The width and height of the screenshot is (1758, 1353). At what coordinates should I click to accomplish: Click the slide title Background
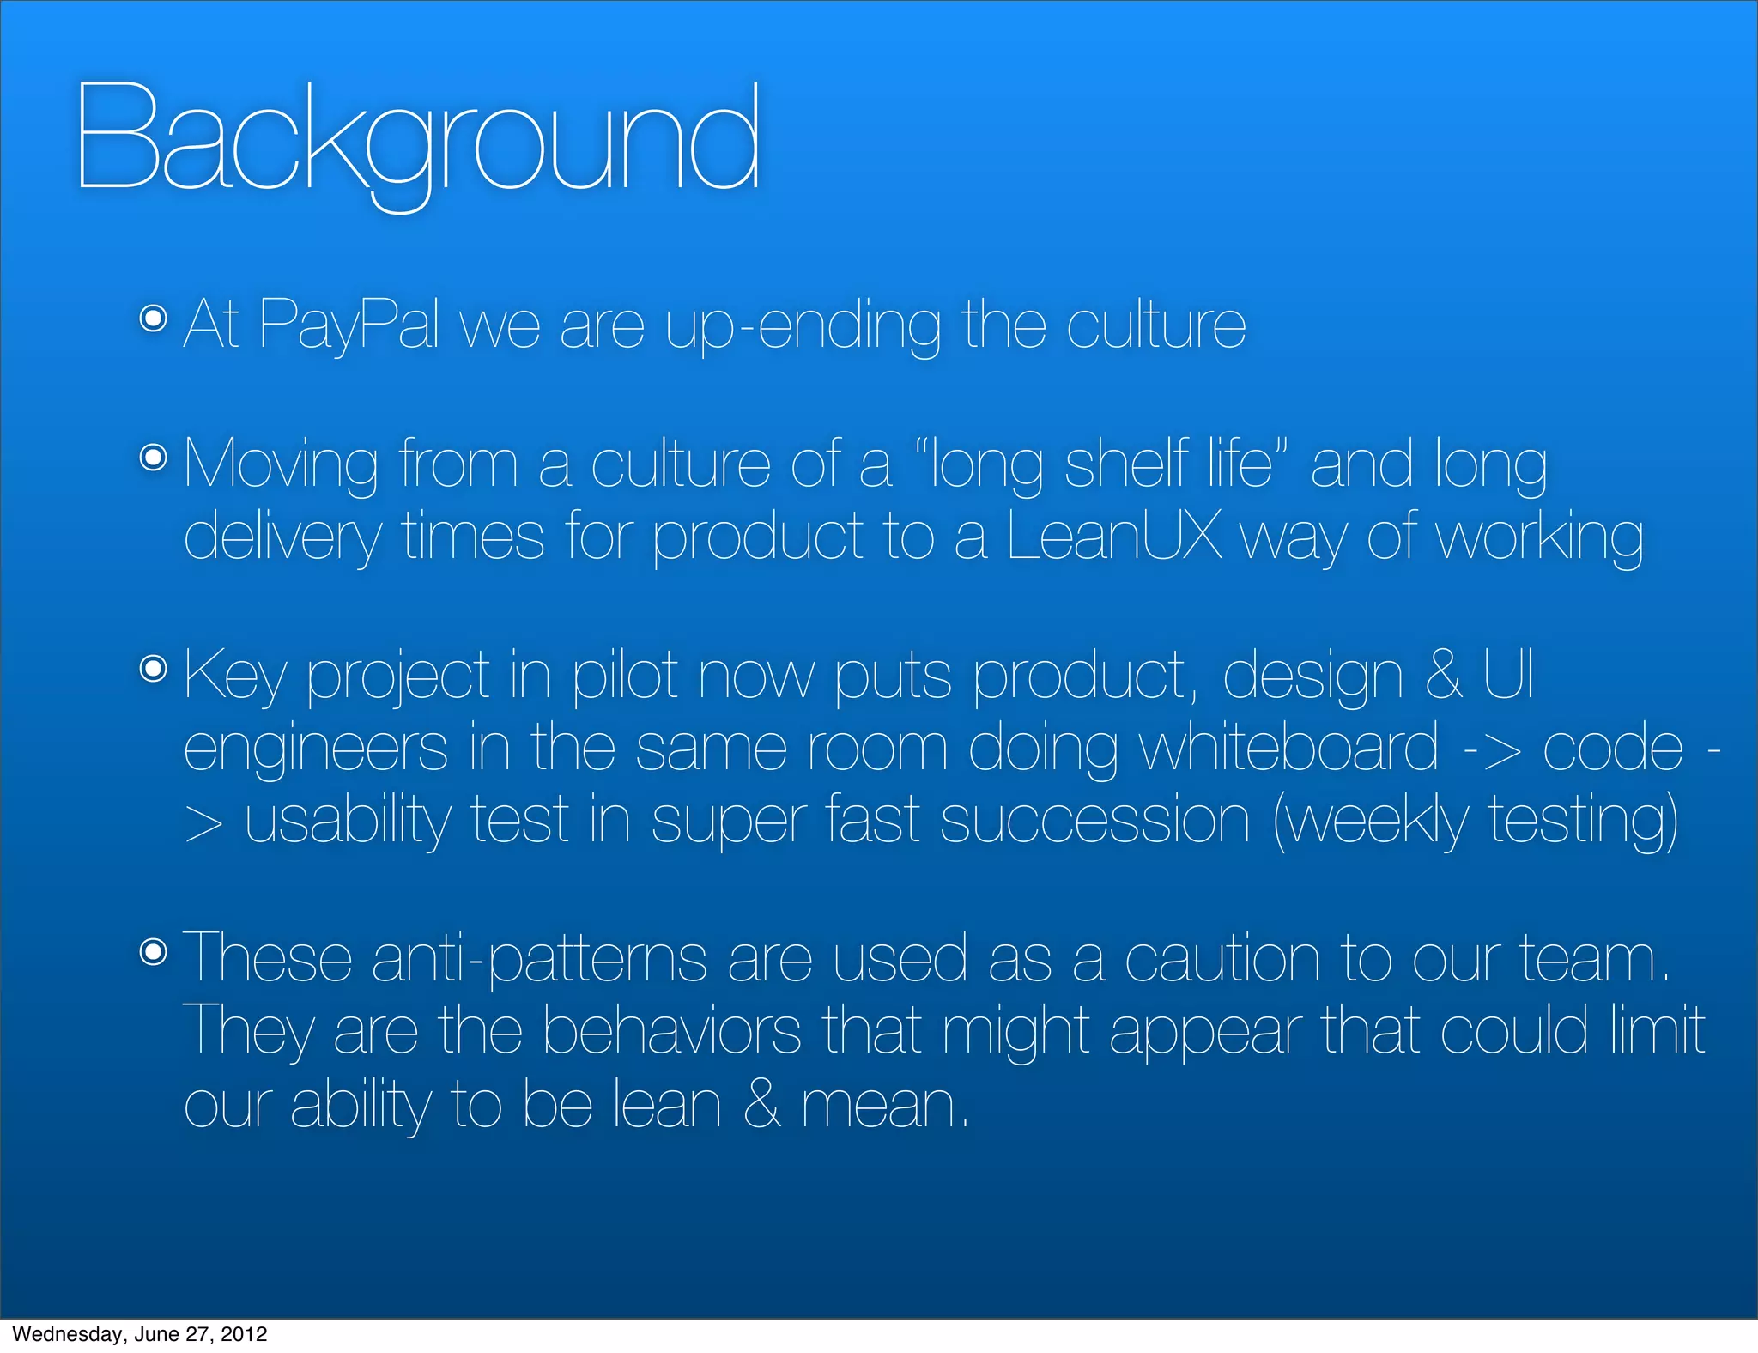(418, 137)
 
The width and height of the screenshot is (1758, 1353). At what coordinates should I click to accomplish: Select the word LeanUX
(1113, 536)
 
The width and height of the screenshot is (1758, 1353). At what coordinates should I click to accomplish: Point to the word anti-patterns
(539, 958)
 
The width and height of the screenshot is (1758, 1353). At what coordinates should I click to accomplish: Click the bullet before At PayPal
(153, 319)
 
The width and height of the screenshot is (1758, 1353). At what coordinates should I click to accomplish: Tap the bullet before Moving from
(153, 458)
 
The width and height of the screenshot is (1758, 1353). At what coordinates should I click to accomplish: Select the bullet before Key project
(153, 669)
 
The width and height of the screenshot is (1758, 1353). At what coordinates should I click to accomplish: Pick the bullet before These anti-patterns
(153, 951)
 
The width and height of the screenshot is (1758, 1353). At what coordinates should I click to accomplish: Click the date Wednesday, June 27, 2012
(140, 1334)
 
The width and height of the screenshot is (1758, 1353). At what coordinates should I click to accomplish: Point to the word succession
(1094, 820)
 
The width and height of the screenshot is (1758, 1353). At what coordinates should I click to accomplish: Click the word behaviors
(672, 1030)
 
